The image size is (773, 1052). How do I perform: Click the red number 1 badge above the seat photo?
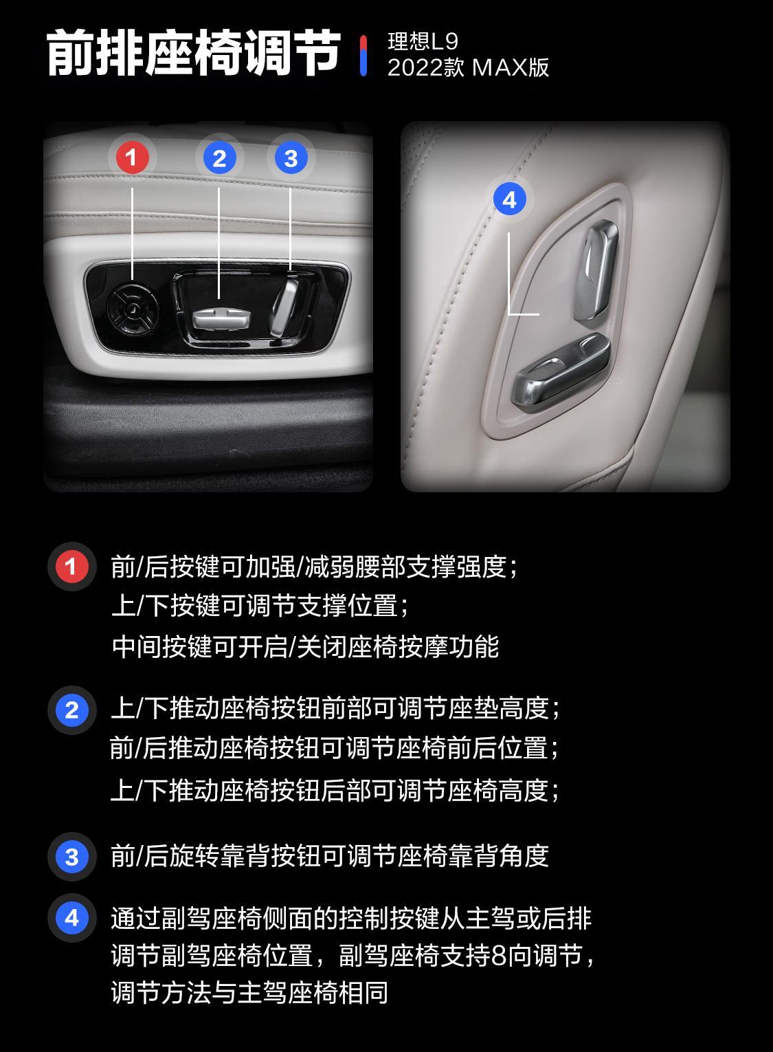(132, 158)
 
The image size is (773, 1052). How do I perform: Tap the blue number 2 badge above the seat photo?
(219, 158)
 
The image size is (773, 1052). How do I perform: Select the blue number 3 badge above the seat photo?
(291, 158)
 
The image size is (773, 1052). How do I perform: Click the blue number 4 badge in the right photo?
(509, 199)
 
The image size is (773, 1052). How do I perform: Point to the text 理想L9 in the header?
(423, 41)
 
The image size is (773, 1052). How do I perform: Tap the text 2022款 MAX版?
(468, 67)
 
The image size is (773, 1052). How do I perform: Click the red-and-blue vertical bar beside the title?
(363, 55)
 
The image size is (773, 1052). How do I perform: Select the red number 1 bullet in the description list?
(71, 567)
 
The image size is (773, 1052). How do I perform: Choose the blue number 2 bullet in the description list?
(71, 710)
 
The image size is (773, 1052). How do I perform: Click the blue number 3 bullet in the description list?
(71, 857)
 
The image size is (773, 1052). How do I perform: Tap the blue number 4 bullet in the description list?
(71, 918)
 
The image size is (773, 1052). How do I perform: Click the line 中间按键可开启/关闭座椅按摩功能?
(305, 646)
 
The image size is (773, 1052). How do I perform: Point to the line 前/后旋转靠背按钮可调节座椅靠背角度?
(330, 857)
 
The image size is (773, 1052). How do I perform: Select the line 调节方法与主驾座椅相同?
(249, 992)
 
